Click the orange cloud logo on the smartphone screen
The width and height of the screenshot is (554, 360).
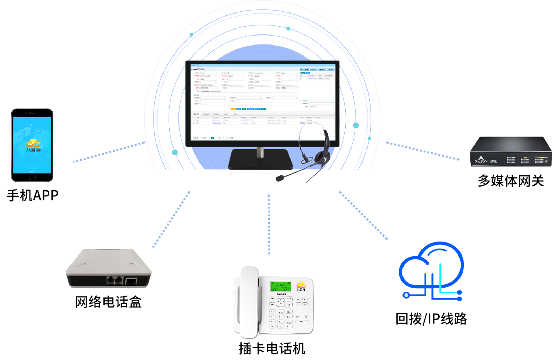[x=33, y=142]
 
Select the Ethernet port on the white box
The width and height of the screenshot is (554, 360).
[x=131, y=281]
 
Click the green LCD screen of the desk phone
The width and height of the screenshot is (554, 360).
[x=280, y=285]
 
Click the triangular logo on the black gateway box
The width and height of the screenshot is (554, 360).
[x=481, y=158]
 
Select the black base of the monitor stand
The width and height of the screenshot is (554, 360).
[x=260, y=159]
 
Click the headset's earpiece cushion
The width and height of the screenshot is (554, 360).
[x=322, y=155]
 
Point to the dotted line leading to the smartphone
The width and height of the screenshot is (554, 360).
[x=109, y=152]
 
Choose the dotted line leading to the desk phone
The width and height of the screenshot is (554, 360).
[x=269, y=224]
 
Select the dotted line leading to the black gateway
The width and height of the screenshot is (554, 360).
[x=422, y=151]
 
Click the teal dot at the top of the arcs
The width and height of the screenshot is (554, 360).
[x=288, y=29]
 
